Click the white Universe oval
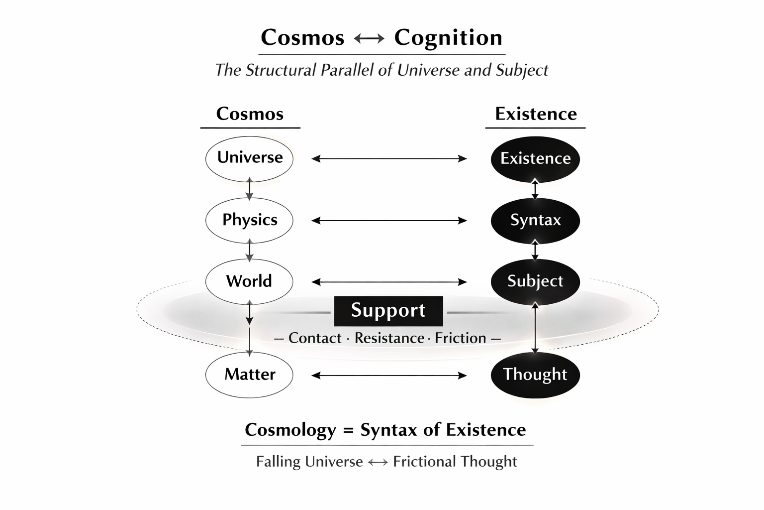pyautogui.click(x=249, y=158)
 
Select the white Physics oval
pyautogui.click(x=249, y=220)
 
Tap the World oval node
pyautogui.click(x=249, y=281)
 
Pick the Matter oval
pyautogui.click(x=249, y=375)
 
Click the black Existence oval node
pyautogui.click(x=535, y=158)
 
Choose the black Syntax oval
pyautogui.click(x=535, y=220)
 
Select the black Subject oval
pyautogui.click(x=535, y=281)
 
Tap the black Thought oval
pyautogui.click(x=535, y=375)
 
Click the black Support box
pyautogui.click(x=388, y=311)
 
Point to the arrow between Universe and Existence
pyautogui.click(x=389, y=159)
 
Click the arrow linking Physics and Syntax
pyautogui.click(x=389, y=220)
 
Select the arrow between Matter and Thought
pyautogui.click(x=389, y=376)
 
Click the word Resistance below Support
pyautogui.click(x=389, y=338)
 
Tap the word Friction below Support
pyautogui.click(x=460, y=338)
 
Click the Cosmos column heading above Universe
pyautogui.click(x=250, y=114)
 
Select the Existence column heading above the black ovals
pyautogui.click(x=536, y=114)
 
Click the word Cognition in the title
pyautogui.click(x=448, y=38)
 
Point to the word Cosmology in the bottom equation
pyautogui.click(x=290, y=430)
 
